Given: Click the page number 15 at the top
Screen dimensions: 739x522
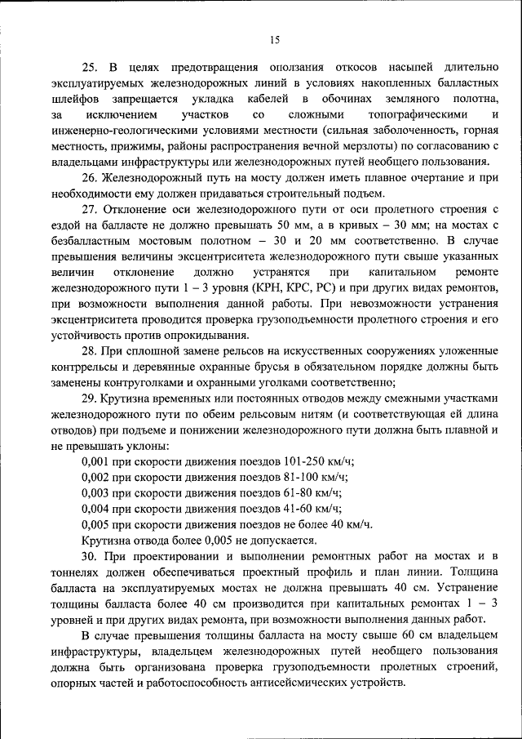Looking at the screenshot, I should [x=274, y=39].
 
